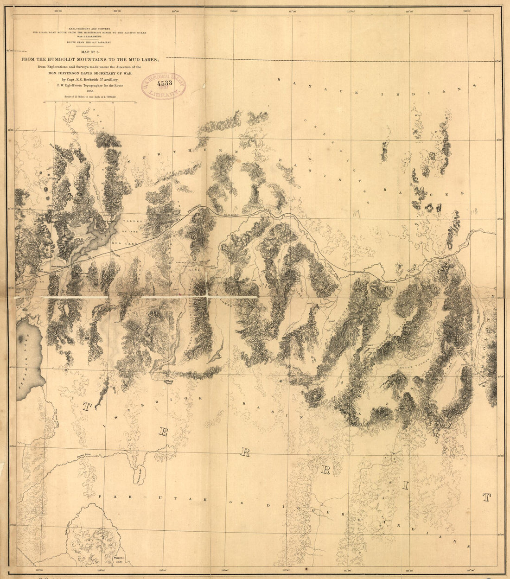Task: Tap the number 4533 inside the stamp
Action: point(164,84)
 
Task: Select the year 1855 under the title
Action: point(88,91)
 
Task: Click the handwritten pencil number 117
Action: point(356,214)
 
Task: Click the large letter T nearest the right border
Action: point(486,498)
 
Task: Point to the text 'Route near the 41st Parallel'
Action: point(88,42)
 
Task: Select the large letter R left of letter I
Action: point(325,471)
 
